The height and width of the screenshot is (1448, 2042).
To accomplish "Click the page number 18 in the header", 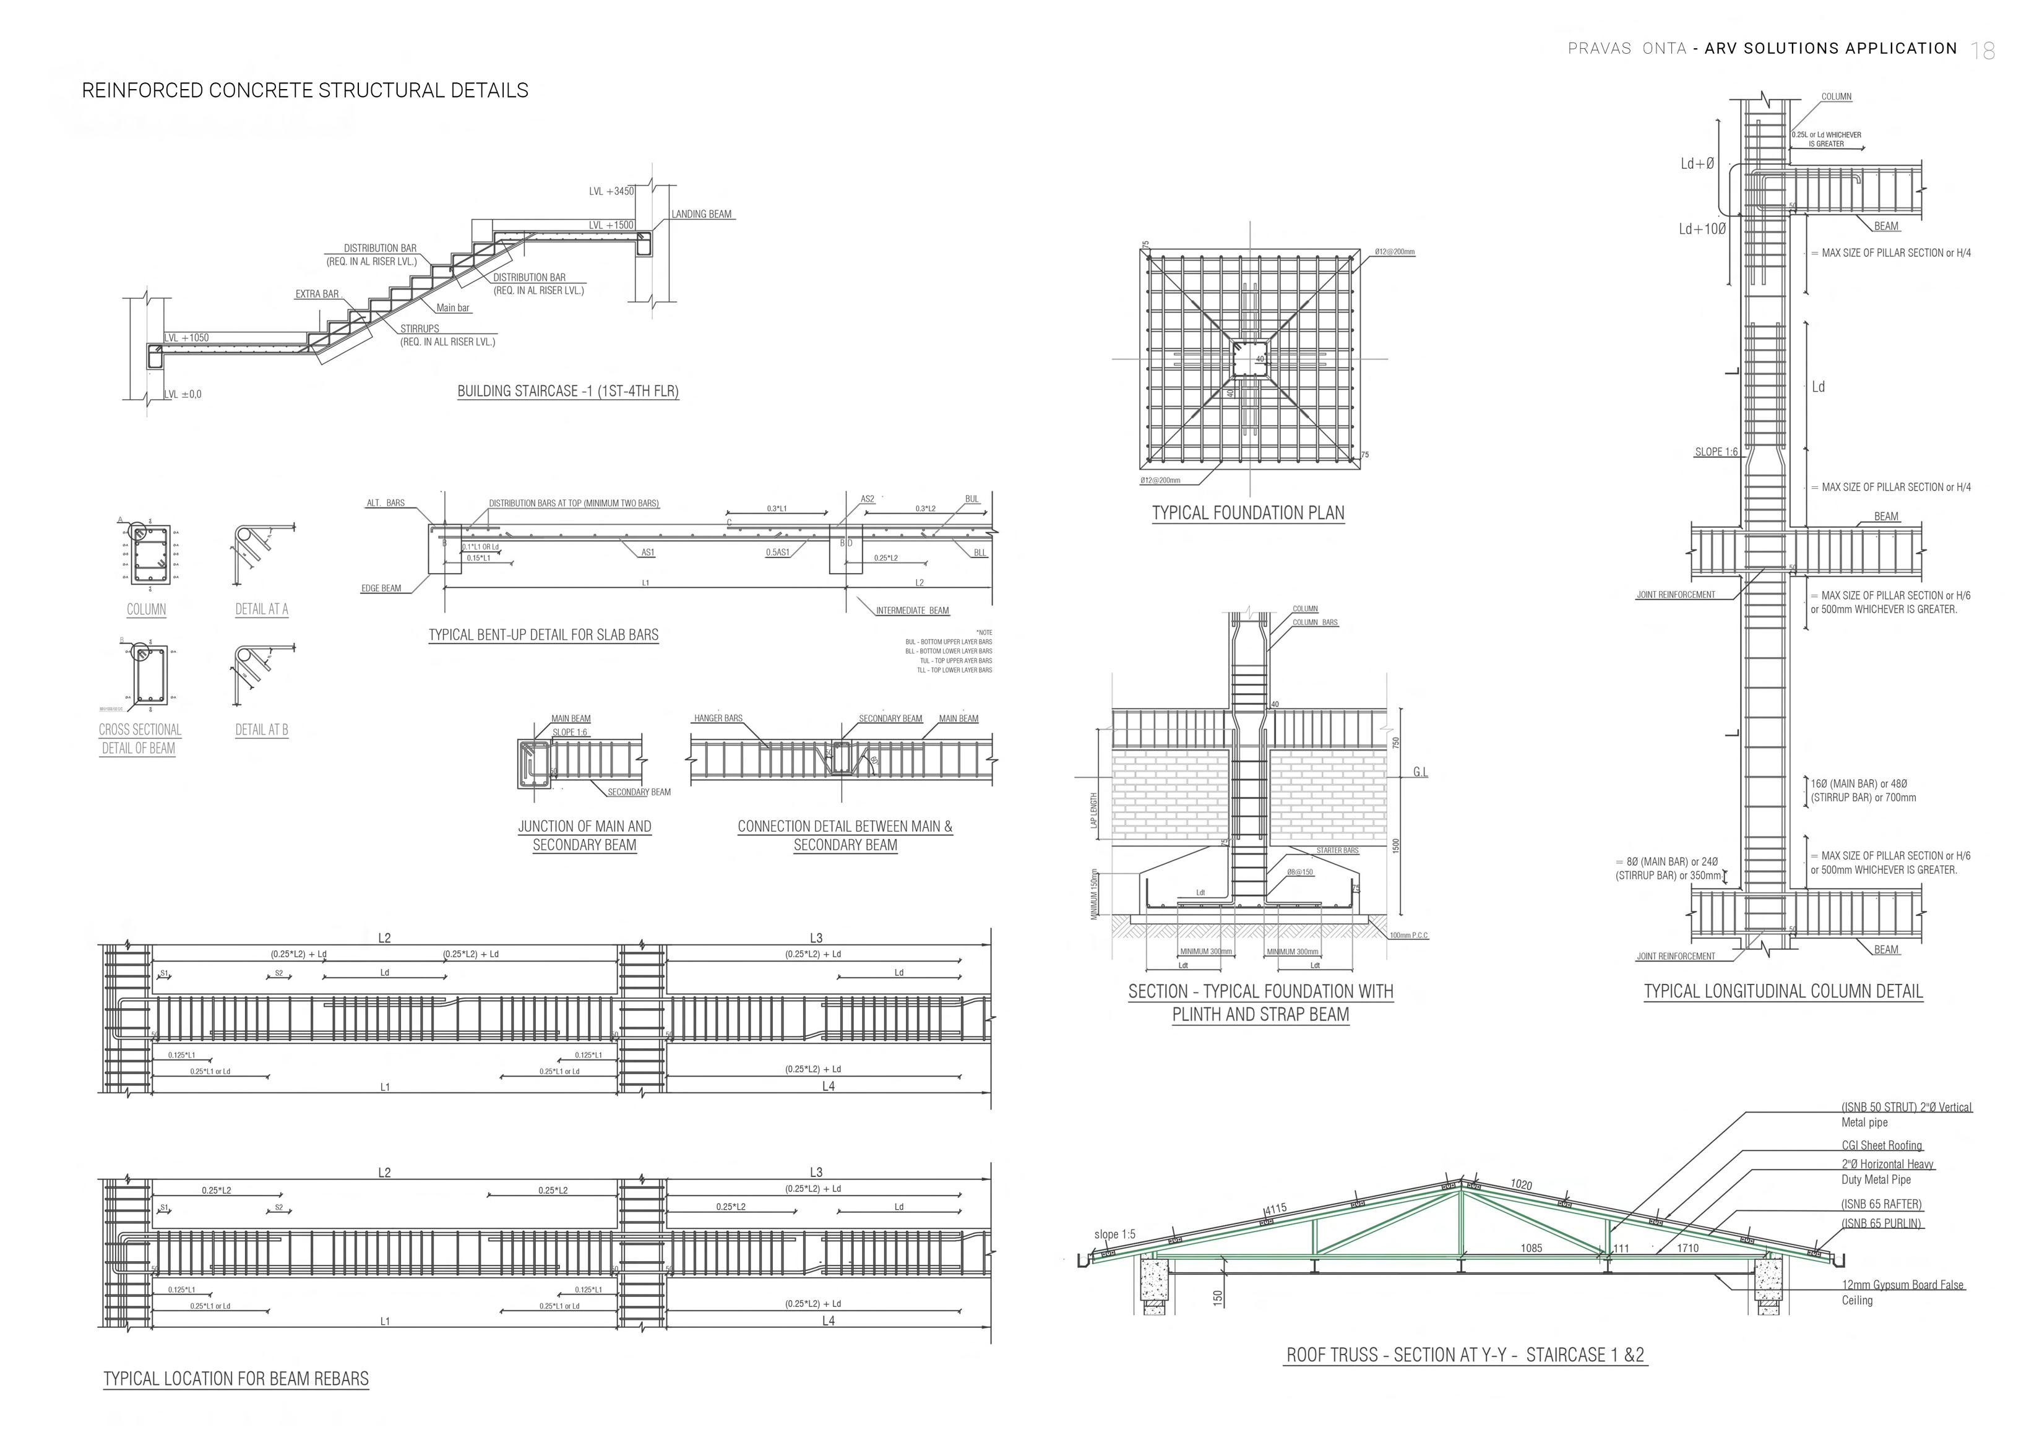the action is tap(1983, 51).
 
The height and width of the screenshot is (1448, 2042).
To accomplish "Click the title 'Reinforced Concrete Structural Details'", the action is tap(305, 91).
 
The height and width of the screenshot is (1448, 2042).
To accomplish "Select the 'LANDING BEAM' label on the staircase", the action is tap(701, 214).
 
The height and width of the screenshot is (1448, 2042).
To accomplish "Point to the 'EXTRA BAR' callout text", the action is tap(317, 294).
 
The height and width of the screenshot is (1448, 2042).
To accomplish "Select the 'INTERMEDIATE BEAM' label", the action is tap(911, 611).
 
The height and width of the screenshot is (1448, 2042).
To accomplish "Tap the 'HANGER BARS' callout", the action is tap(718, 718).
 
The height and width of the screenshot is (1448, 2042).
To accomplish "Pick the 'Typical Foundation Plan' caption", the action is tap(1247, 514).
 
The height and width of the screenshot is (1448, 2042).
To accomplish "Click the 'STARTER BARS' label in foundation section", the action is tap(1338, 851).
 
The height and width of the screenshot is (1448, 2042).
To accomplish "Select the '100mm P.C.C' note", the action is tap(1409, 935).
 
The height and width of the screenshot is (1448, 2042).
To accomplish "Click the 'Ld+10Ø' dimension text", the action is tap(1702, 229).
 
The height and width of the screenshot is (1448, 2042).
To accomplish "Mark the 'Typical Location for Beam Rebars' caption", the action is tap(235, 1379).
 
